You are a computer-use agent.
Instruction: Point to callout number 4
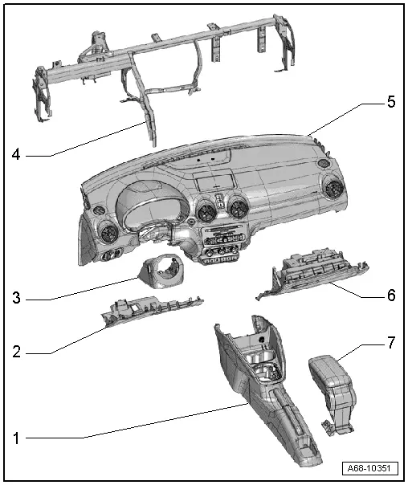click(x=16, y=154)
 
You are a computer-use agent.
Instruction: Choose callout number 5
click(x=391, y=102)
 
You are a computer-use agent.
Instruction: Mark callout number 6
click(x=391, y=295)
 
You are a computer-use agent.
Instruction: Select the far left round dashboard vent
click(x=105, y=238)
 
